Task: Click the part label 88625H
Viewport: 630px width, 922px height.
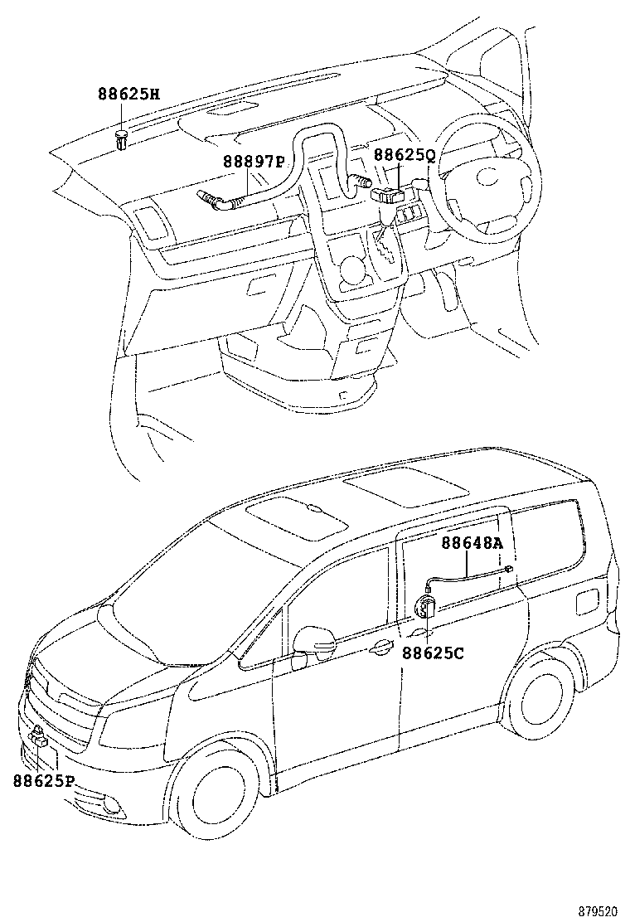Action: [128, 95]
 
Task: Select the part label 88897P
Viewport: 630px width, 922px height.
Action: [252, 162]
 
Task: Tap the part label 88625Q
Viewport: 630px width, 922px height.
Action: [404, 155]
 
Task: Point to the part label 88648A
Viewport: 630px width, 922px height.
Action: [472, 543]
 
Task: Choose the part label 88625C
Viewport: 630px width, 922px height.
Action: [433, 653]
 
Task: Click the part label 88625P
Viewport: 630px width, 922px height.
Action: [44, 780]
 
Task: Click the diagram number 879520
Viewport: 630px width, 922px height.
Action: [598, 910]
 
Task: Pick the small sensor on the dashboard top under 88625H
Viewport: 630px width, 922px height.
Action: [122, 141]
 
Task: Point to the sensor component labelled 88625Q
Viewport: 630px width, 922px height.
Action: [388, 195]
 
